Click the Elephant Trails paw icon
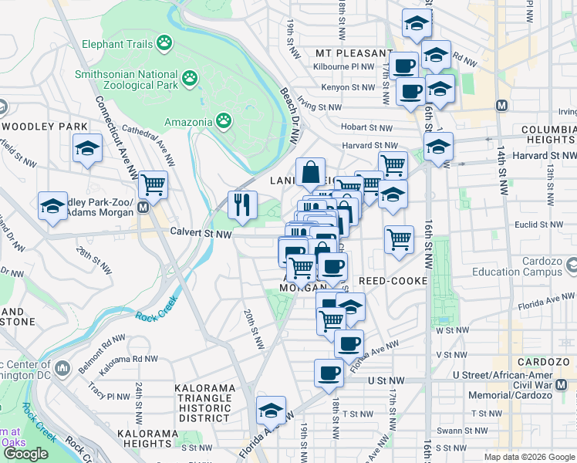click(x=164, y=43)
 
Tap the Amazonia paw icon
click(x=224, y=120)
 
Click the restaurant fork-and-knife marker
click(x=242, y=205)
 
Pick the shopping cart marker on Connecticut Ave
click(x=154, y=185)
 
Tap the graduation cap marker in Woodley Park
click(x=87, y=148)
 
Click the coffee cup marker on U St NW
click(x=329, y=374)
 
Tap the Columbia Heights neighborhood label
click(x=537, y=134)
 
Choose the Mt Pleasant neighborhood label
click(x=354, y=53)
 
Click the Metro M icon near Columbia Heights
click(x=502, y=105)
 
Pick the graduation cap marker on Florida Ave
click(x=271, y=411)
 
